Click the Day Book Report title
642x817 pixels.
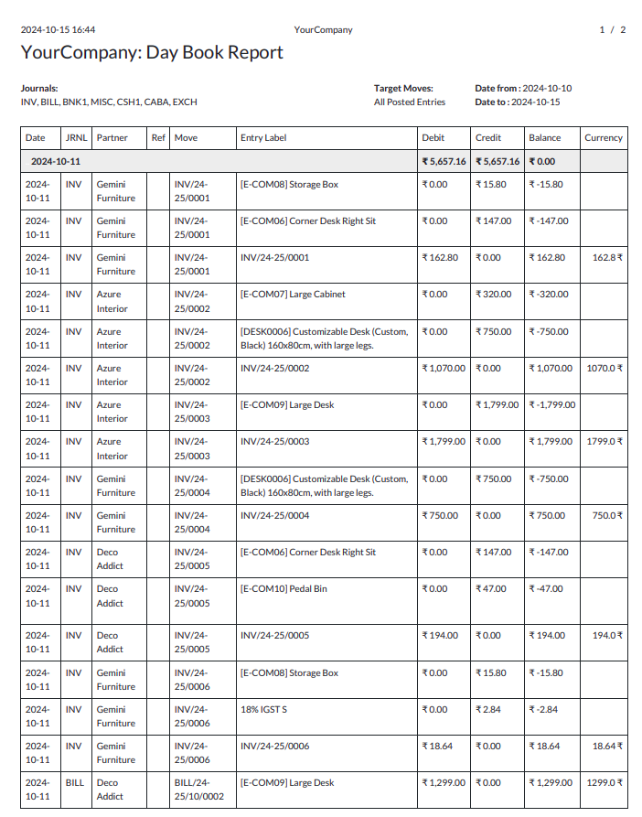tap(152, 53)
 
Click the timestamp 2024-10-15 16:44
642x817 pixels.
tap(58, 30)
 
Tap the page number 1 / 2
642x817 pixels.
tap(612, 30)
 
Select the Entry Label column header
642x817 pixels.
tap(263, 138)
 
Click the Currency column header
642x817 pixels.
tap(604, 138)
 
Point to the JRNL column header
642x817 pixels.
tap(76, 138)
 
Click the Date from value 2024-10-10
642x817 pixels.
tap(547, 89)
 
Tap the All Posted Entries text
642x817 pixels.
tap(410, 102)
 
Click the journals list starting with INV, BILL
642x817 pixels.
tap(109, 102)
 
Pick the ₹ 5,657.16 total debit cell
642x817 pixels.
tap(444, 162)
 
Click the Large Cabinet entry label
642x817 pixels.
tap(292, 295)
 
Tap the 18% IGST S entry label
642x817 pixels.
tap(263, 710)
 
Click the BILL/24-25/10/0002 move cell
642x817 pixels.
tap(199, 790)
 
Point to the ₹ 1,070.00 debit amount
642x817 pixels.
tap(444, 369)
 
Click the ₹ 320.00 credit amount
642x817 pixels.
tap(493, 295)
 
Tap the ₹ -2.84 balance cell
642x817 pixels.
tap(543, 710)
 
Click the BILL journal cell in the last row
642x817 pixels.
tap(75, 783)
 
